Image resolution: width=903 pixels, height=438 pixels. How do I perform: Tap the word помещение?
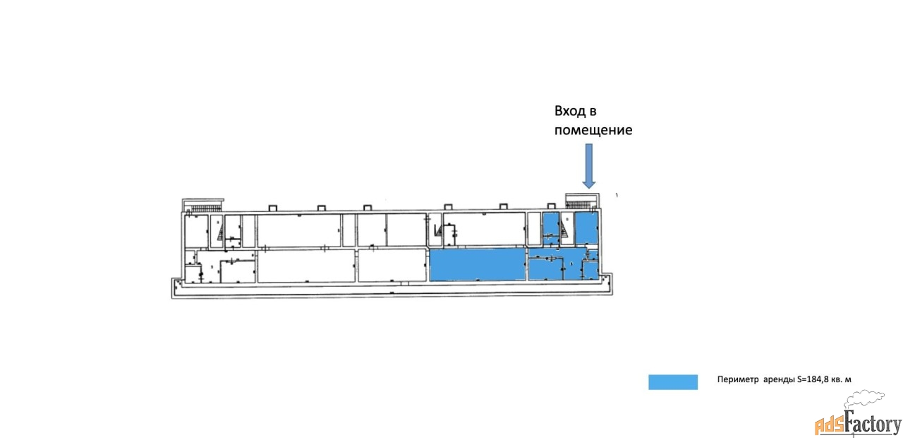pyautogui.click(x=593, y=130)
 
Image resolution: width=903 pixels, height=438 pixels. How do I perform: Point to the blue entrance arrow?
pyautogui.click(x=589, y=164)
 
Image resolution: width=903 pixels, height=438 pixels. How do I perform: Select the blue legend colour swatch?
pyautogui.click(x=672, y=381)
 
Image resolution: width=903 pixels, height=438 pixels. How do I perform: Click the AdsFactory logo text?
pyautogui.click(x=858, y=425)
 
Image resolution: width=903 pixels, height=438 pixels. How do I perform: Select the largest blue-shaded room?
pyautogui.click(x=478, y=264)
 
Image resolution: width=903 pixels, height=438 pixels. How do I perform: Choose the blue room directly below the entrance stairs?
pyautogui.click(x=586, y=227)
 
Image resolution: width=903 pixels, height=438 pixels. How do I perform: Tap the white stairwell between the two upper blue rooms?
pyautogui.click(x=567, y=228)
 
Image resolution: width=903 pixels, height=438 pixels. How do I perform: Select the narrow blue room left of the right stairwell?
pyautogui.click(x=550, y=228)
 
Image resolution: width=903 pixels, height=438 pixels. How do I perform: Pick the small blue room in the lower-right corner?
pyautogui.click(x=590, y=269)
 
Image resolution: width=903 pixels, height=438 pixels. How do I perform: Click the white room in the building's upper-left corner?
pyautogui.click(x=195, y=231)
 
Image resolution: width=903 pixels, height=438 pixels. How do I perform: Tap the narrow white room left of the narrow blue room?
pyautogui.click(x=534, y=228)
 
